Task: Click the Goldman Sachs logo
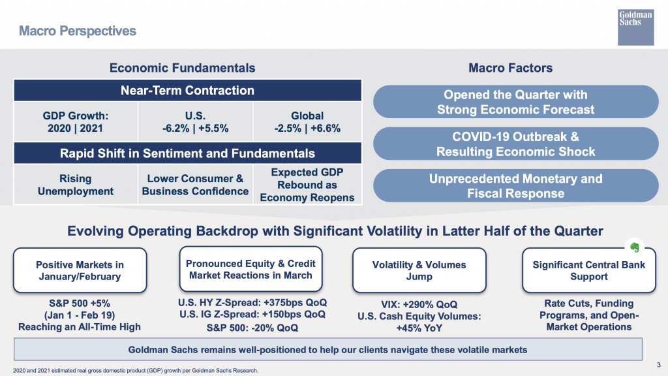point(635,27)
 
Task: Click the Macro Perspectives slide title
point(77,31)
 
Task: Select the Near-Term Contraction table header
point(187,90)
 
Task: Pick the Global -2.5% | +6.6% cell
point(307,122)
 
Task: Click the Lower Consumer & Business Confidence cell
point(195,185)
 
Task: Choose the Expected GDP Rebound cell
point(307,185)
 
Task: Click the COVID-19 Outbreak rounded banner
point(515,144)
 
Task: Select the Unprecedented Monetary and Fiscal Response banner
point(515,186)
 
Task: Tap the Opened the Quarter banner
point(515,102)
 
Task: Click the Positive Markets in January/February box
point(80,270)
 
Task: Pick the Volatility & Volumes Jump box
point(419,270)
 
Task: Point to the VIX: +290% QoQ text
point(419,305)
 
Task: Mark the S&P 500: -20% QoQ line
point(252,328)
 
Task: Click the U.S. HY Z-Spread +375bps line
point(252,303)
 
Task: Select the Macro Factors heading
point(511,68)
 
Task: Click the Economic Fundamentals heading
point(183,68)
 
